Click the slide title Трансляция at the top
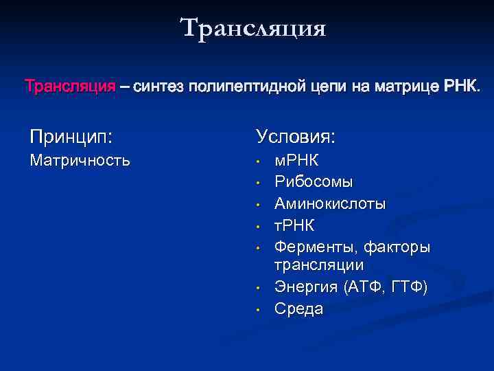tap(253, 29)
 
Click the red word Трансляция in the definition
tap(70, 87)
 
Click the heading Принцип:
tap(71, 136)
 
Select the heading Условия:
tap(296, 136)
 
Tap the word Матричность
tap(79, 161)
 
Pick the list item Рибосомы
tap(314, 183)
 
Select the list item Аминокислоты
tap(330, 204)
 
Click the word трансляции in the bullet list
tap(319, 265)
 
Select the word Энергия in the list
tap(307, 286)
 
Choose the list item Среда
tap(298, 308)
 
